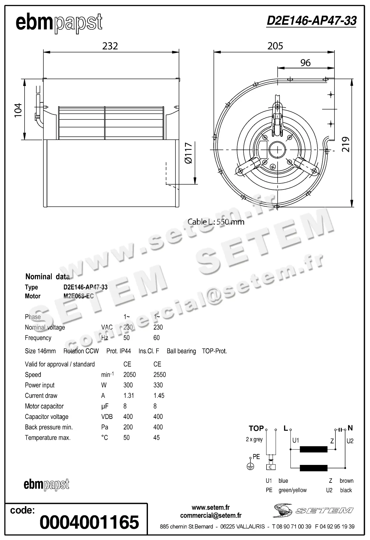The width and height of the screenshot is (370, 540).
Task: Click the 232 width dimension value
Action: (110, 46)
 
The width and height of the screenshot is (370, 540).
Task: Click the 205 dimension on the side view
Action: (275, 46)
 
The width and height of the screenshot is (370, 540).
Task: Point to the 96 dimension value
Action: (305, 63)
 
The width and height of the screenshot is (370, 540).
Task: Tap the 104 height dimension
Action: (18, 110)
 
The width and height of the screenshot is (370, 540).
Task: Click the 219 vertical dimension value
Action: (346, 144)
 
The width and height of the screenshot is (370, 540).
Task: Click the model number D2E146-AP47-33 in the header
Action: (311, 21)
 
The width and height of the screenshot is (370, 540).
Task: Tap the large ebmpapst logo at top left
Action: (59, 23)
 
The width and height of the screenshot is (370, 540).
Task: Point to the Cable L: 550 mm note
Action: (216, 222)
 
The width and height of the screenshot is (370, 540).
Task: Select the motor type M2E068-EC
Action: (79, 296)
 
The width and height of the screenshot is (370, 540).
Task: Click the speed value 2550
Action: (159, 375)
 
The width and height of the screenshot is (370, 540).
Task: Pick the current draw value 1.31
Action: (128, 396)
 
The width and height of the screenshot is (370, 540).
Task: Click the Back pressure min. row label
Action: (49, 427)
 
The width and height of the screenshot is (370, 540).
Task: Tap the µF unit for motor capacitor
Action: (104, 406)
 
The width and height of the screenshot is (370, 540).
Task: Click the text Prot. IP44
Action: (119, 351)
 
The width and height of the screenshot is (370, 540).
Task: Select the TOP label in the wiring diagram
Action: (256, 428)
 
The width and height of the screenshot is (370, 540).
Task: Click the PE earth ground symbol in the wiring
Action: (251, 467)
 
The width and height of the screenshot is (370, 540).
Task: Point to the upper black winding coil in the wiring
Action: (313, 450)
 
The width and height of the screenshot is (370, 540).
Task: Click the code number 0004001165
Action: (89, 522)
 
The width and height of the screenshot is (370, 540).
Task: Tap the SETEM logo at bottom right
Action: (313, 511)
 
